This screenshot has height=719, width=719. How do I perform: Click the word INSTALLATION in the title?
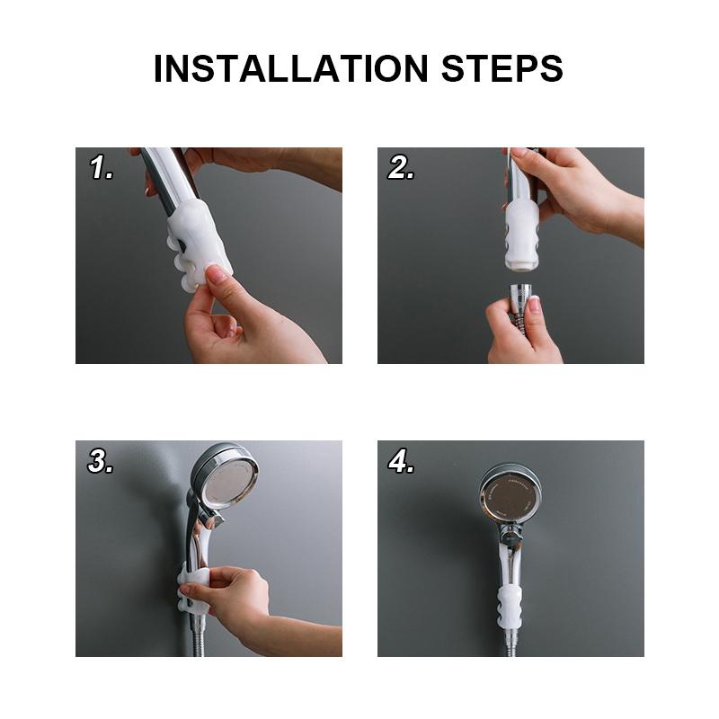288,69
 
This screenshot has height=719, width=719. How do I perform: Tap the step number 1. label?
101,168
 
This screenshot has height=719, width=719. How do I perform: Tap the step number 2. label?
401,168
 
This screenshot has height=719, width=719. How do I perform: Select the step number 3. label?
101,462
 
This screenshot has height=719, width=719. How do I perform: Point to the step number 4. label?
401,462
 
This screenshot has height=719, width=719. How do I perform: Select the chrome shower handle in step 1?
166,180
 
